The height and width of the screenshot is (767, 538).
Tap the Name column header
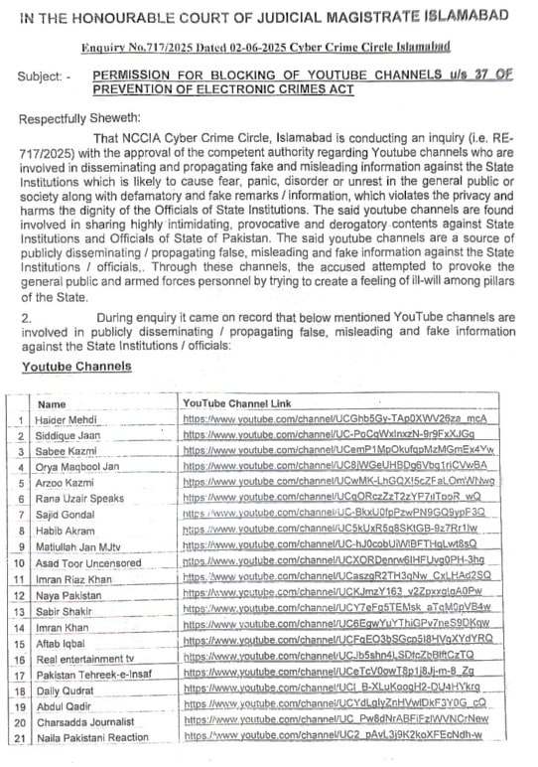(x=52, y=405)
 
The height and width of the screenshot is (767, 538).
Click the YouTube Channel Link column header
(x=236, y=403)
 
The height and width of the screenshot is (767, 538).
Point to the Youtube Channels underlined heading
(x=76, y=367)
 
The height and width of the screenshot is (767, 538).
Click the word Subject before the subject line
(x=40, y=76)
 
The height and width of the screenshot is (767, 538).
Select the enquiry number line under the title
(x=265, y=46)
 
